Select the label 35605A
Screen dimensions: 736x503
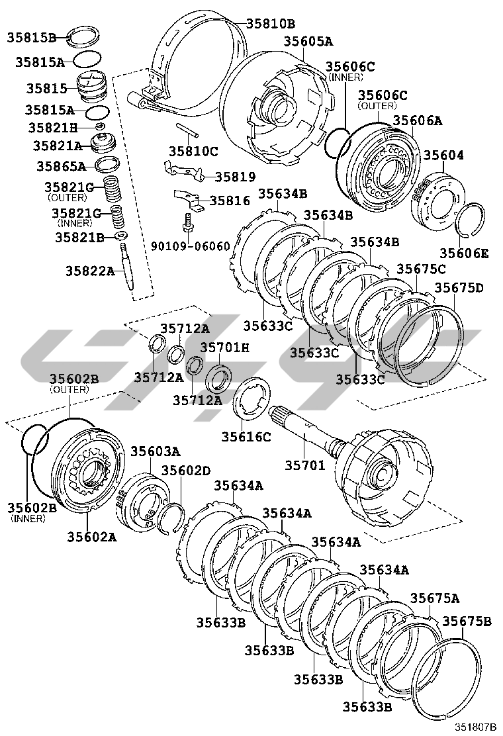click(x=308, y=41)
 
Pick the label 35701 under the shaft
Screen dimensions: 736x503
click(x=305, y=465)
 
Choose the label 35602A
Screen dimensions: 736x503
click(x=91, y=537)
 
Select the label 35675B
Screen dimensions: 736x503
click(x=467, y=621)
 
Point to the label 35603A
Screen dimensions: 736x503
click(x=154, y=451)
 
